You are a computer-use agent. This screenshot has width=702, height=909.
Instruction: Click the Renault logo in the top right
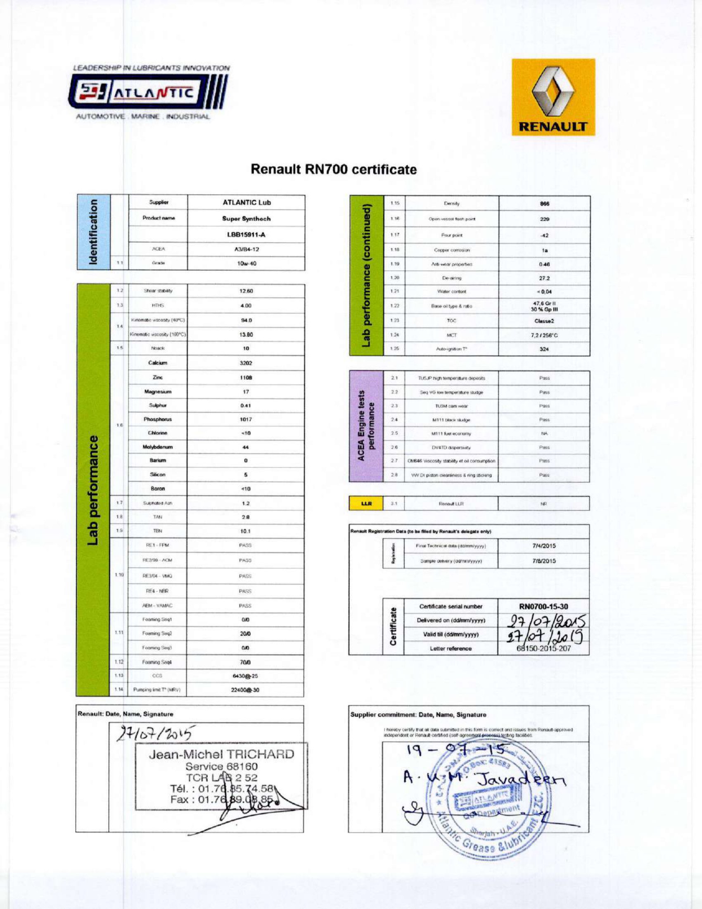pyautogui.click(x=553, y=97)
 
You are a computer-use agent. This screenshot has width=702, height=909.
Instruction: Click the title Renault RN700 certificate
pyautogui.click(x=334, y=169)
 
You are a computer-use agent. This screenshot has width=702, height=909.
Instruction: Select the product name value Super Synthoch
pyautogui.click(x=247, y=219)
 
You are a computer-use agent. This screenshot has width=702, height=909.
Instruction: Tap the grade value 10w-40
pyautogui.click(x=247, y=264)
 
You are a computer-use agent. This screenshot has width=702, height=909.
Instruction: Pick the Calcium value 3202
pyautogui.click(x=246, y=363)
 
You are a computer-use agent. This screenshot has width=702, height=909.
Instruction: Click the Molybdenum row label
pyautogui.click(x=158, y=447)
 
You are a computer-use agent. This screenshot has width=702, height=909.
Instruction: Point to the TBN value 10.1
pyautogui.click(x=246, y=531)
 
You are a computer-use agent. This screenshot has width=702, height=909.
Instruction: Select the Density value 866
pyautogui.click(x=544, y=204)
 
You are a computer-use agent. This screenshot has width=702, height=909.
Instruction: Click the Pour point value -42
pyautogui.click(x=544, y=235)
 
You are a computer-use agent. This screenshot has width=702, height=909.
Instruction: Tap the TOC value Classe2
pyautogui.click(x=544, y=321)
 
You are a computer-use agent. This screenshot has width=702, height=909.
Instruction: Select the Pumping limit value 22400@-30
pyautogui.click(x=245, y=690)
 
